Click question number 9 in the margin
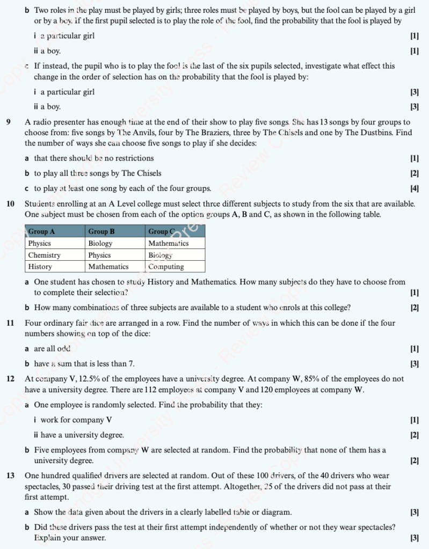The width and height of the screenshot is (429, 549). pos(9,122)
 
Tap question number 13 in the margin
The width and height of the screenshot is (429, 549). pos(11,475)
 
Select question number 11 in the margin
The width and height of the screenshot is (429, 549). pos(11,323)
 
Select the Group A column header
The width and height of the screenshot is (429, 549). pos(41,231)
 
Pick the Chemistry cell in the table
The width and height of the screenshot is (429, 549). pos(44,255)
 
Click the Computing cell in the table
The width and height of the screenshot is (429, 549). pos(166,267)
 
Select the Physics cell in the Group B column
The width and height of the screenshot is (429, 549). pos(99,255)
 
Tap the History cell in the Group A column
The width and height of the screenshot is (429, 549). pos(40,267)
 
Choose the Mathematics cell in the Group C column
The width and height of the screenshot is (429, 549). pos(169,243)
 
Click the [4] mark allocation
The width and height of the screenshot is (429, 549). pos(415,188)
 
